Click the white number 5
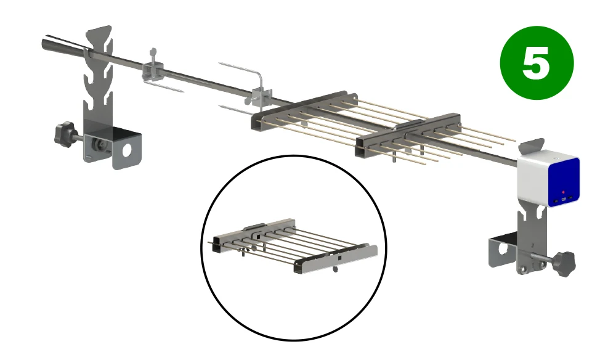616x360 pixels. [x=536, y=62]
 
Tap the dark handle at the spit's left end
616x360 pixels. [x=63, y=44]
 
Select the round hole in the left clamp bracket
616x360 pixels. [x=127, y=150]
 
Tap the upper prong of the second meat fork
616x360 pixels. [x=240, y=69]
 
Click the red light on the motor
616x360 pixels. [x=564, y=192]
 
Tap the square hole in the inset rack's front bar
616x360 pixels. [x=339, y=258]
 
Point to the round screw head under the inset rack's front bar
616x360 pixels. [x=335, y=269]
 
